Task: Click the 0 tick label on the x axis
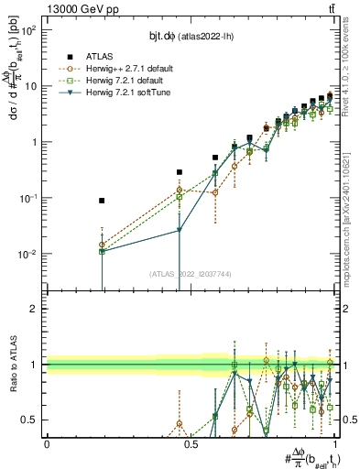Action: pos(47,444)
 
